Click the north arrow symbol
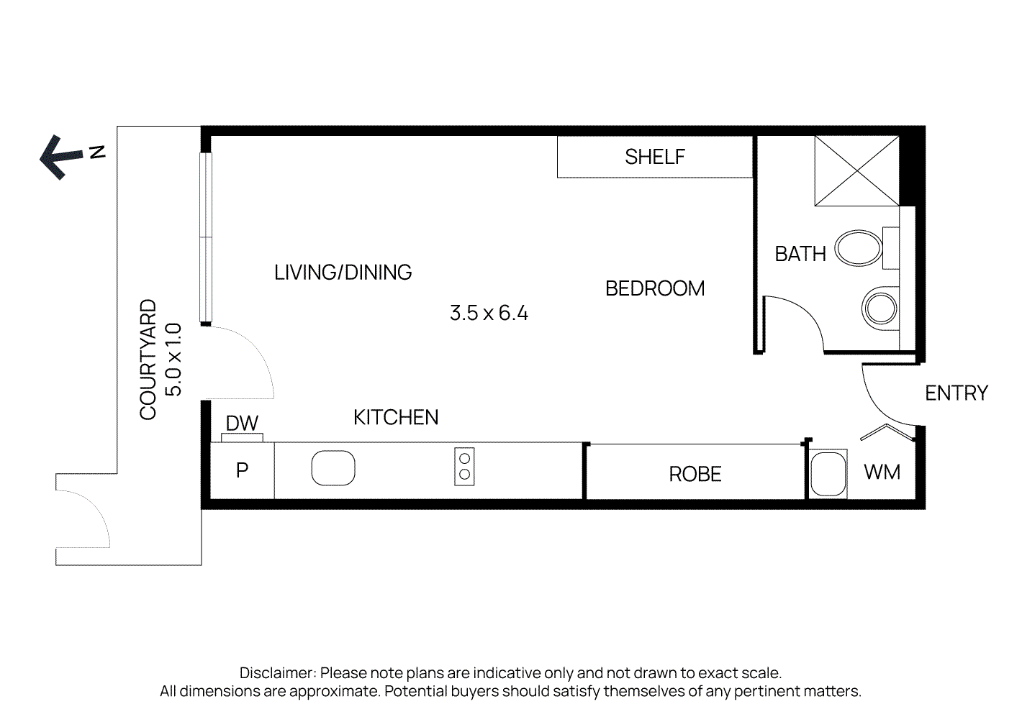coord(62,157)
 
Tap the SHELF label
coord(655,157)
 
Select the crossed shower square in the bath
coord(857,170)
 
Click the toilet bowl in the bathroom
coord(859,248)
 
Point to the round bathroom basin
coord(880,309)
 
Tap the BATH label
coord(800,254)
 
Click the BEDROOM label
coord(655,288)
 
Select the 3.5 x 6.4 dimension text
coord(489,313)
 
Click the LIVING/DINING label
coord(343,273)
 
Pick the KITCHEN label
coord(396,417)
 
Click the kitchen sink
coord(333,468)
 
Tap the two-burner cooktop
coord(464,466)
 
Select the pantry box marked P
coord(242,470)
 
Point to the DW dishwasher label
coord(242,424)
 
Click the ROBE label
coord(695,474)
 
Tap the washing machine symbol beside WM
coord(828,474)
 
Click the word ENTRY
coord(957,393)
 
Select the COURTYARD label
coord(148,360)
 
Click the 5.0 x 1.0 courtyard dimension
coord(173,360)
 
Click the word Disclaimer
coord(277,673)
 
